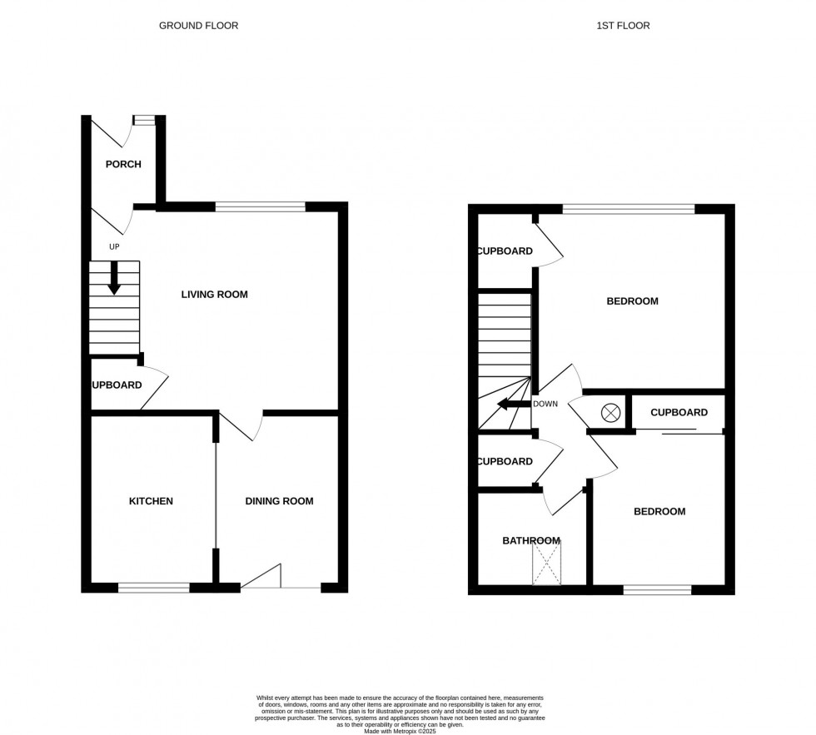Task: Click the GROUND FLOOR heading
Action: pos(198,26)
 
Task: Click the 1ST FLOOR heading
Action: pos(623,26)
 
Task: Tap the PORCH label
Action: pos(123,164)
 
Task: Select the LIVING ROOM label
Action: pos(215,295)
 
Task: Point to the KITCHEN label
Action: pos(151,501)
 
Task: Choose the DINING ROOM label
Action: pos(279,501)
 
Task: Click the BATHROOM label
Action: pos(530,541)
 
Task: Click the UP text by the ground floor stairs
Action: pos(114,247)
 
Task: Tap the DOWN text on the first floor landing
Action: pos(545,405)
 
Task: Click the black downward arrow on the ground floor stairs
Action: pos(114,278)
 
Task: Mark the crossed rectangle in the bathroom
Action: pos(547,562)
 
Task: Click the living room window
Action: pos(260,206)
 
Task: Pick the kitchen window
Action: pos(154,588)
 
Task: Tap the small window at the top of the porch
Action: pos(144,120)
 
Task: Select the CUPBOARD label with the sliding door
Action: pos(679,413)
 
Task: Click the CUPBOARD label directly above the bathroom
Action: pos(504,462)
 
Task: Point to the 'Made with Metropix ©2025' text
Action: pos(401,731)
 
